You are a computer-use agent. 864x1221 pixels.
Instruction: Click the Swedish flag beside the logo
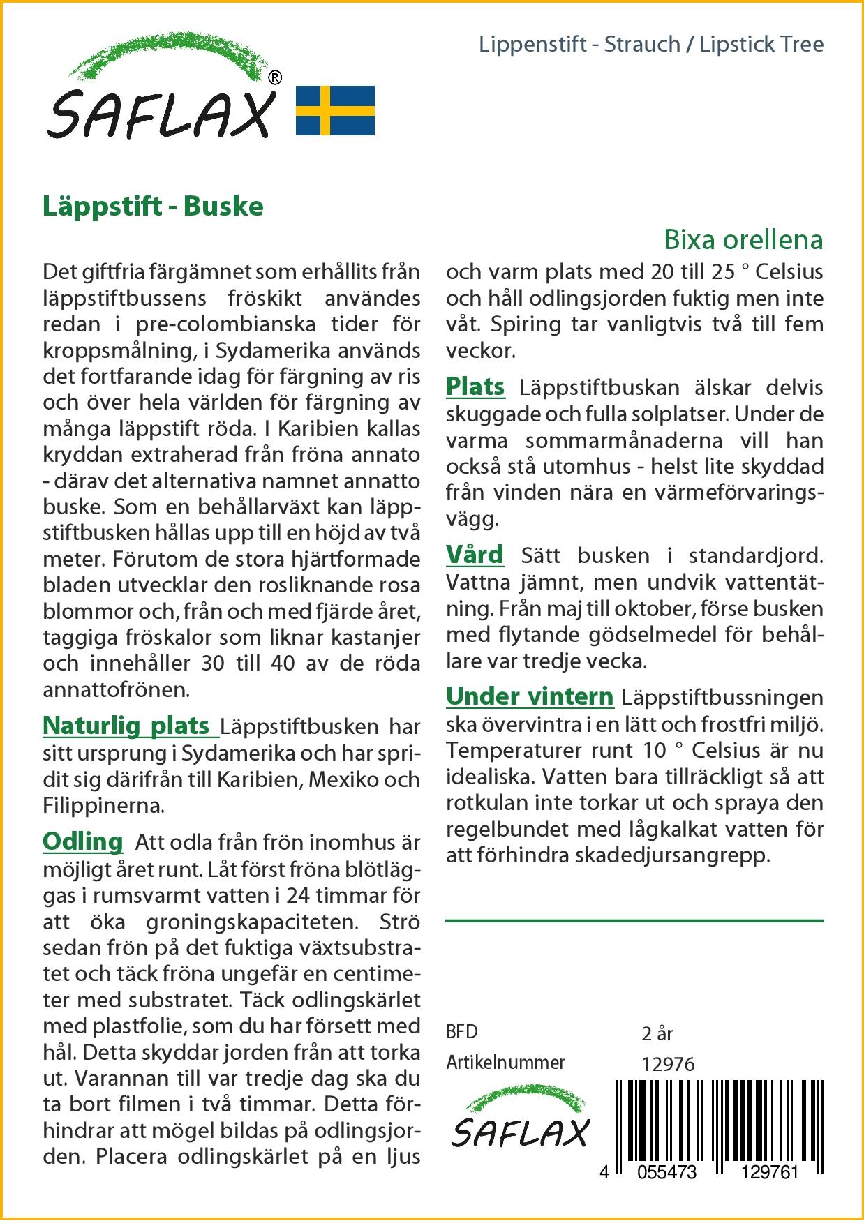(x=336, y=111)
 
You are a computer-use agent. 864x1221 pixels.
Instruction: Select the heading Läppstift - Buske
(x=153, y=207)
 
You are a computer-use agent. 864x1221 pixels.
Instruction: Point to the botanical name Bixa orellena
(x=743, y=240)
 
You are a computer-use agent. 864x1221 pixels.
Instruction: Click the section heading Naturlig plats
(x=126, y=726)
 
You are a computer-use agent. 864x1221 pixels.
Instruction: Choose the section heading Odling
(x=83, y=841)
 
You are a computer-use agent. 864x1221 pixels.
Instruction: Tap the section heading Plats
(x=475, y=387)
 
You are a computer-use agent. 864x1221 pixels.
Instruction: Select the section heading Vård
(x=475, y=555)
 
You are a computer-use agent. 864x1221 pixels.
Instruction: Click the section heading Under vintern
(x=530, y=696)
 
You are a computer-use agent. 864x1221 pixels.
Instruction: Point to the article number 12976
(x=668, y=1064)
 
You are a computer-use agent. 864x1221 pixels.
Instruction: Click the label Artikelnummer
(x=505, y=1063)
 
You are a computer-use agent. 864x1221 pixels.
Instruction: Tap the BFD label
(x=462, y=1032)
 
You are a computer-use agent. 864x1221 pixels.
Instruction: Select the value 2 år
(x=657, y=1033)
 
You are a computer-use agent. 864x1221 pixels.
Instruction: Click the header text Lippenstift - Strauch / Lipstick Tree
(x=651, y=45)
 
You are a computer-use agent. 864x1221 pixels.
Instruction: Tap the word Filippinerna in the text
(x=103, y=807)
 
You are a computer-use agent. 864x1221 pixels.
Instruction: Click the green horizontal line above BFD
(x=634, y=921)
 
